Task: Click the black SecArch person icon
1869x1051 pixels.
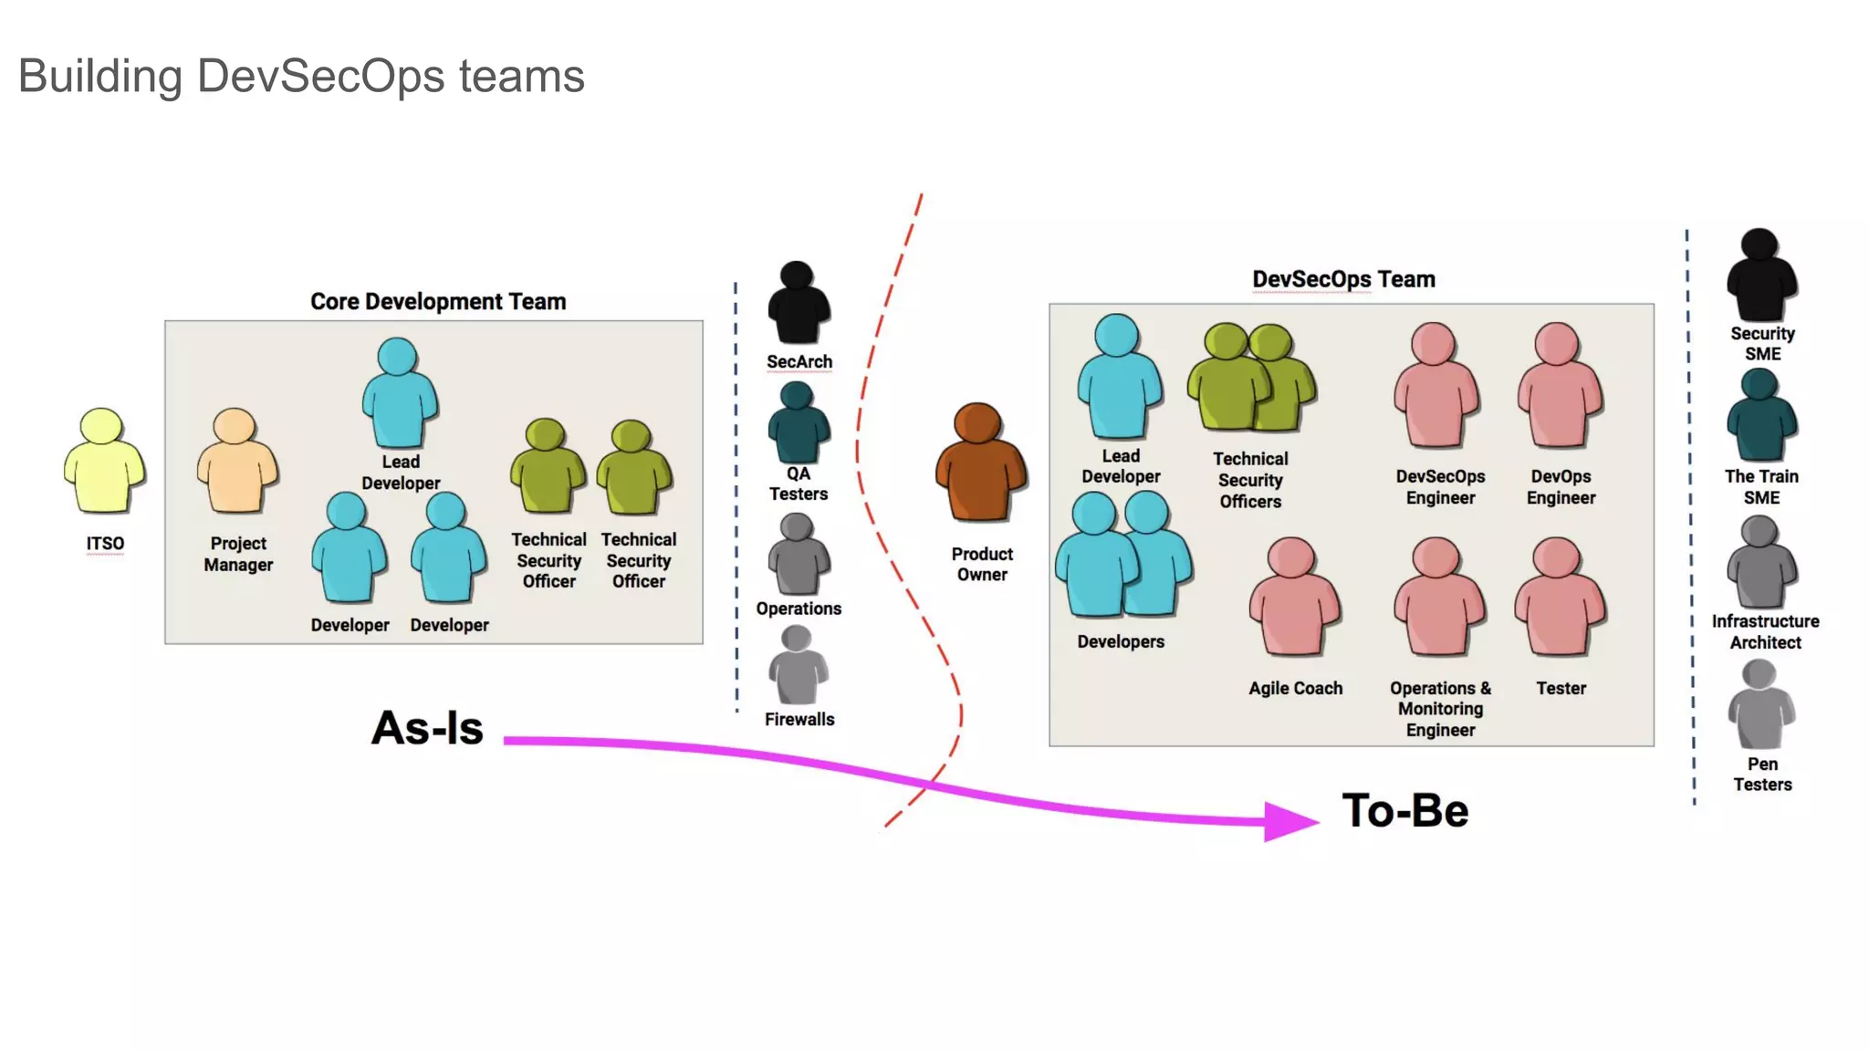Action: click(x=799, y=304)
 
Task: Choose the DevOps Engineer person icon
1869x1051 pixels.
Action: click(x=1560, y=385)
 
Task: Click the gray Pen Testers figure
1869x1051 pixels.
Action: click(x=1760, y=706)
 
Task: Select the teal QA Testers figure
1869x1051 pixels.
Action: click(x=799, y=423)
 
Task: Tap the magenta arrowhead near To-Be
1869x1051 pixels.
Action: click(x=1289, y=821)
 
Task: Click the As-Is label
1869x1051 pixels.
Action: click(x=427, y=728)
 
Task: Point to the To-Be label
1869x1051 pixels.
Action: click(x=1404, y=811)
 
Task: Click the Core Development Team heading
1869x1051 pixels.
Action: click(x=438, y=302)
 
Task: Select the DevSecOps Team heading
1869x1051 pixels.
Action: click(x=1343, y=279)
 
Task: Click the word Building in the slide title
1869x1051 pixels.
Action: click(x=100, y=76)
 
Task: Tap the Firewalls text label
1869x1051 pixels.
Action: click(x=799, y=719)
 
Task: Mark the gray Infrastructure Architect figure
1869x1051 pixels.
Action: click(x=1760, y=563)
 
